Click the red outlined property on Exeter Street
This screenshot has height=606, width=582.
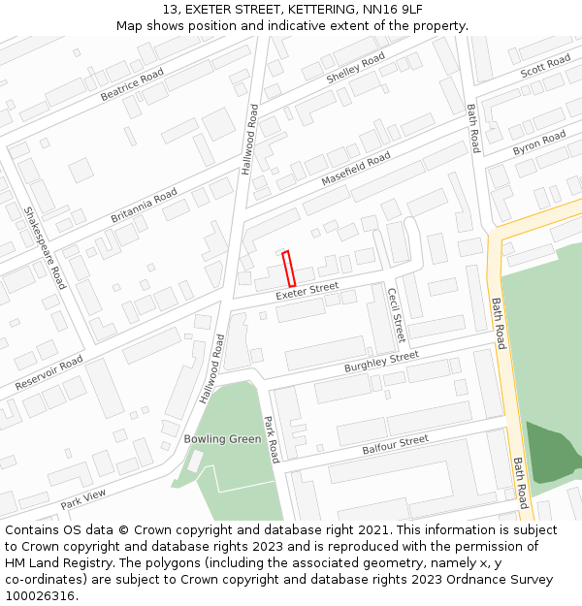pos(288,269)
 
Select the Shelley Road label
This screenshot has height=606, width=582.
pos(356,70)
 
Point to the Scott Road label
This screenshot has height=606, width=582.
pos(545,67)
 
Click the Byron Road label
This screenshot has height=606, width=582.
pos(538,143)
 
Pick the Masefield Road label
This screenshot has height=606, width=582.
pos(356,171)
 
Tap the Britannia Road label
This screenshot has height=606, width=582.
pos(144,206)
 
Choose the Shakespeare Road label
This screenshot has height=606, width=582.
pos(45,247)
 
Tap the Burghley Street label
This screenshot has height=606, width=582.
pos(381,363)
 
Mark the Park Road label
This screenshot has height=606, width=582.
pos(273,439)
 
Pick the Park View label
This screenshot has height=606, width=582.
pos(83,499)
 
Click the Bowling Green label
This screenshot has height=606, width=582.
pos(223,439)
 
